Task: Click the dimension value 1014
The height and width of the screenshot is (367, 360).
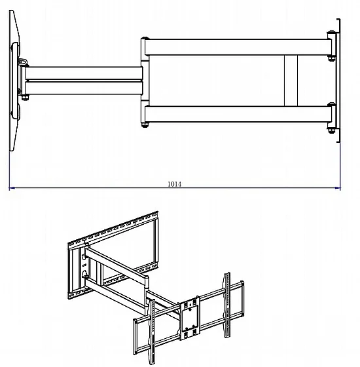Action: click(174, 184)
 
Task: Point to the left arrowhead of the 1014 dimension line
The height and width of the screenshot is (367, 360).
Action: click(12, 187)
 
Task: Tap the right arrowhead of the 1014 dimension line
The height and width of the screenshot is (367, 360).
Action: click(338, 187)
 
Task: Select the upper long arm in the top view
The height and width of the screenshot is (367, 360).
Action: click(238, 47)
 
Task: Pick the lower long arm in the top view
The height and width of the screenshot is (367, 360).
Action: click(238, 114)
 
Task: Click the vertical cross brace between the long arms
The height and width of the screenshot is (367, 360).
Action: click(291, 81)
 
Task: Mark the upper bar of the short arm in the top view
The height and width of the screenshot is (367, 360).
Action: click(84, 73)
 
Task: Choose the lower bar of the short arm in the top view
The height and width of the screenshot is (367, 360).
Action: click(84, 88)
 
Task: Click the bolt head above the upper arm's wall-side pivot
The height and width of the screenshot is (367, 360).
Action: click(331, 32)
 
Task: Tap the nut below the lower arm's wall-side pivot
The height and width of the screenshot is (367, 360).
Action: click(331, 131)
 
